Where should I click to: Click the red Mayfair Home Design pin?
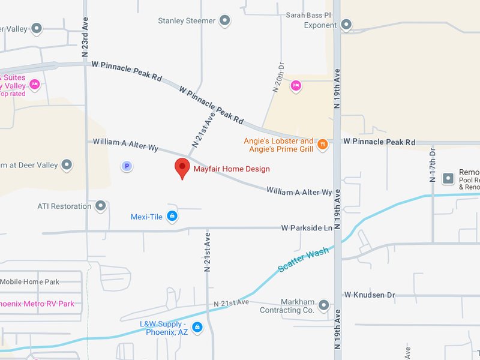182,168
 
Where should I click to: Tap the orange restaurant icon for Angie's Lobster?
323,144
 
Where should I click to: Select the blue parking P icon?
127,166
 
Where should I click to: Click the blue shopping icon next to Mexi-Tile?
172,217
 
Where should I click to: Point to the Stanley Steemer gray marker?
225,21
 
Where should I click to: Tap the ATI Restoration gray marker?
101,206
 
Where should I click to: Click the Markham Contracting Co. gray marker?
324,305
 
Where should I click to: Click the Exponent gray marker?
346,25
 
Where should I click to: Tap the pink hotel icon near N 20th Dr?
295,86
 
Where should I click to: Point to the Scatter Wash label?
304,260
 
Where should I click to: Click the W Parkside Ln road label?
307,228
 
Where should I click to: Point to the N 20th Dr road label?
278,77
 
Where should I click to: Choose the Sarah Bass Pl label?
308,15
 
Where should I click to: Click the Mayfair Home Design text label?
232,169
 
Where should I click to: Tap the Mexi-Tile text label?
148,217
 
